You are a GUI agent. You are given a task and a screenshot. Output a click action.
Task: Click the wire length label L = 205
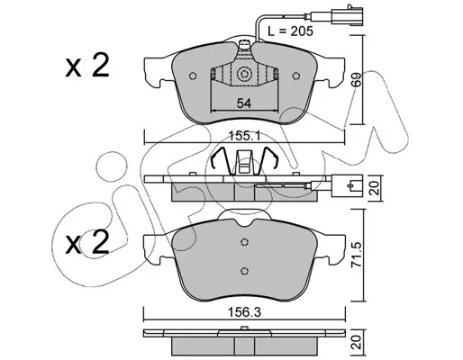pos(290,31)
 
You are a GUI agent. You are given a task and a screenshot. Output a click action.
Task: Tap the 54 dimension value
pos(244,103)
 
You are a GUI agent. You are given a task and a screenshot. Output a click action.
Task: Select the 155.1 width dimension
pos(244,136)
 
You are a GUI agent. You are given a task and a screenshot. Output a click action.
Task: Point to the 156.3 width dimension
pos(244,312)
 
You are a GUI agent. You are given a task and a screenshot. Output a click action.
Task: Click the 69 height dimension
pos(358,79)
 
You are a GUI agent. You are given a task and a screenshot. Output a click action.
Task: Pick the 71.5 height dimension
pos(357,255)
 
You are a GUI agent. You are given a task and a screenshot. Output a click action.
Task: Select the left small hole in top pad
pos(193,76)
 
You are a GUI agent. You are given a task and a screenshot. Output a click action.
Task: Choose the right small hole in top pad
pos(296,76)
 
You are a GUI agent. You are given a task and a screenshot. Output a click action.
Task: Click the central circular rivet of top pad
pos(244,74)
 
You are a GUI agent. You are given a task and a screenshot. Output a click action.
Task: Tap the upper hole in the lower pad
pos(245,241)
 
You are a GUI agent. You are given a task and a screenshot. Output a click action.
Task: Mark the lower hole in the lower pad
pos(245,271)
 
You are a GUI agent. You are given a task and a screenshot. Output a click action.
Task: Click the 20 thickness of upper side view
pos(375,188)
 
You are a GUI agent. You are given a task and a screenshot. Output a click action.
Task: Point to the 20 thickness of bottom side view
pos(357,342)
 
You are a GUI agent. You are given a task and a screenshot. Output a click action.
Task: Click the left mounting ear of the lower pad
pos(157,249)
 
